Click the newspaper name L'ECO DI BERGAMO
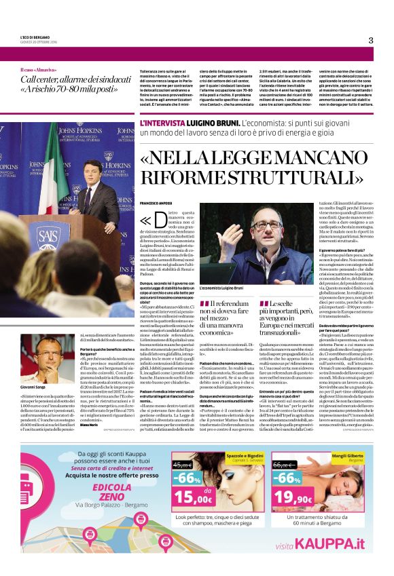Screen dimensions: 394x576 (x=35, y=36)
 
